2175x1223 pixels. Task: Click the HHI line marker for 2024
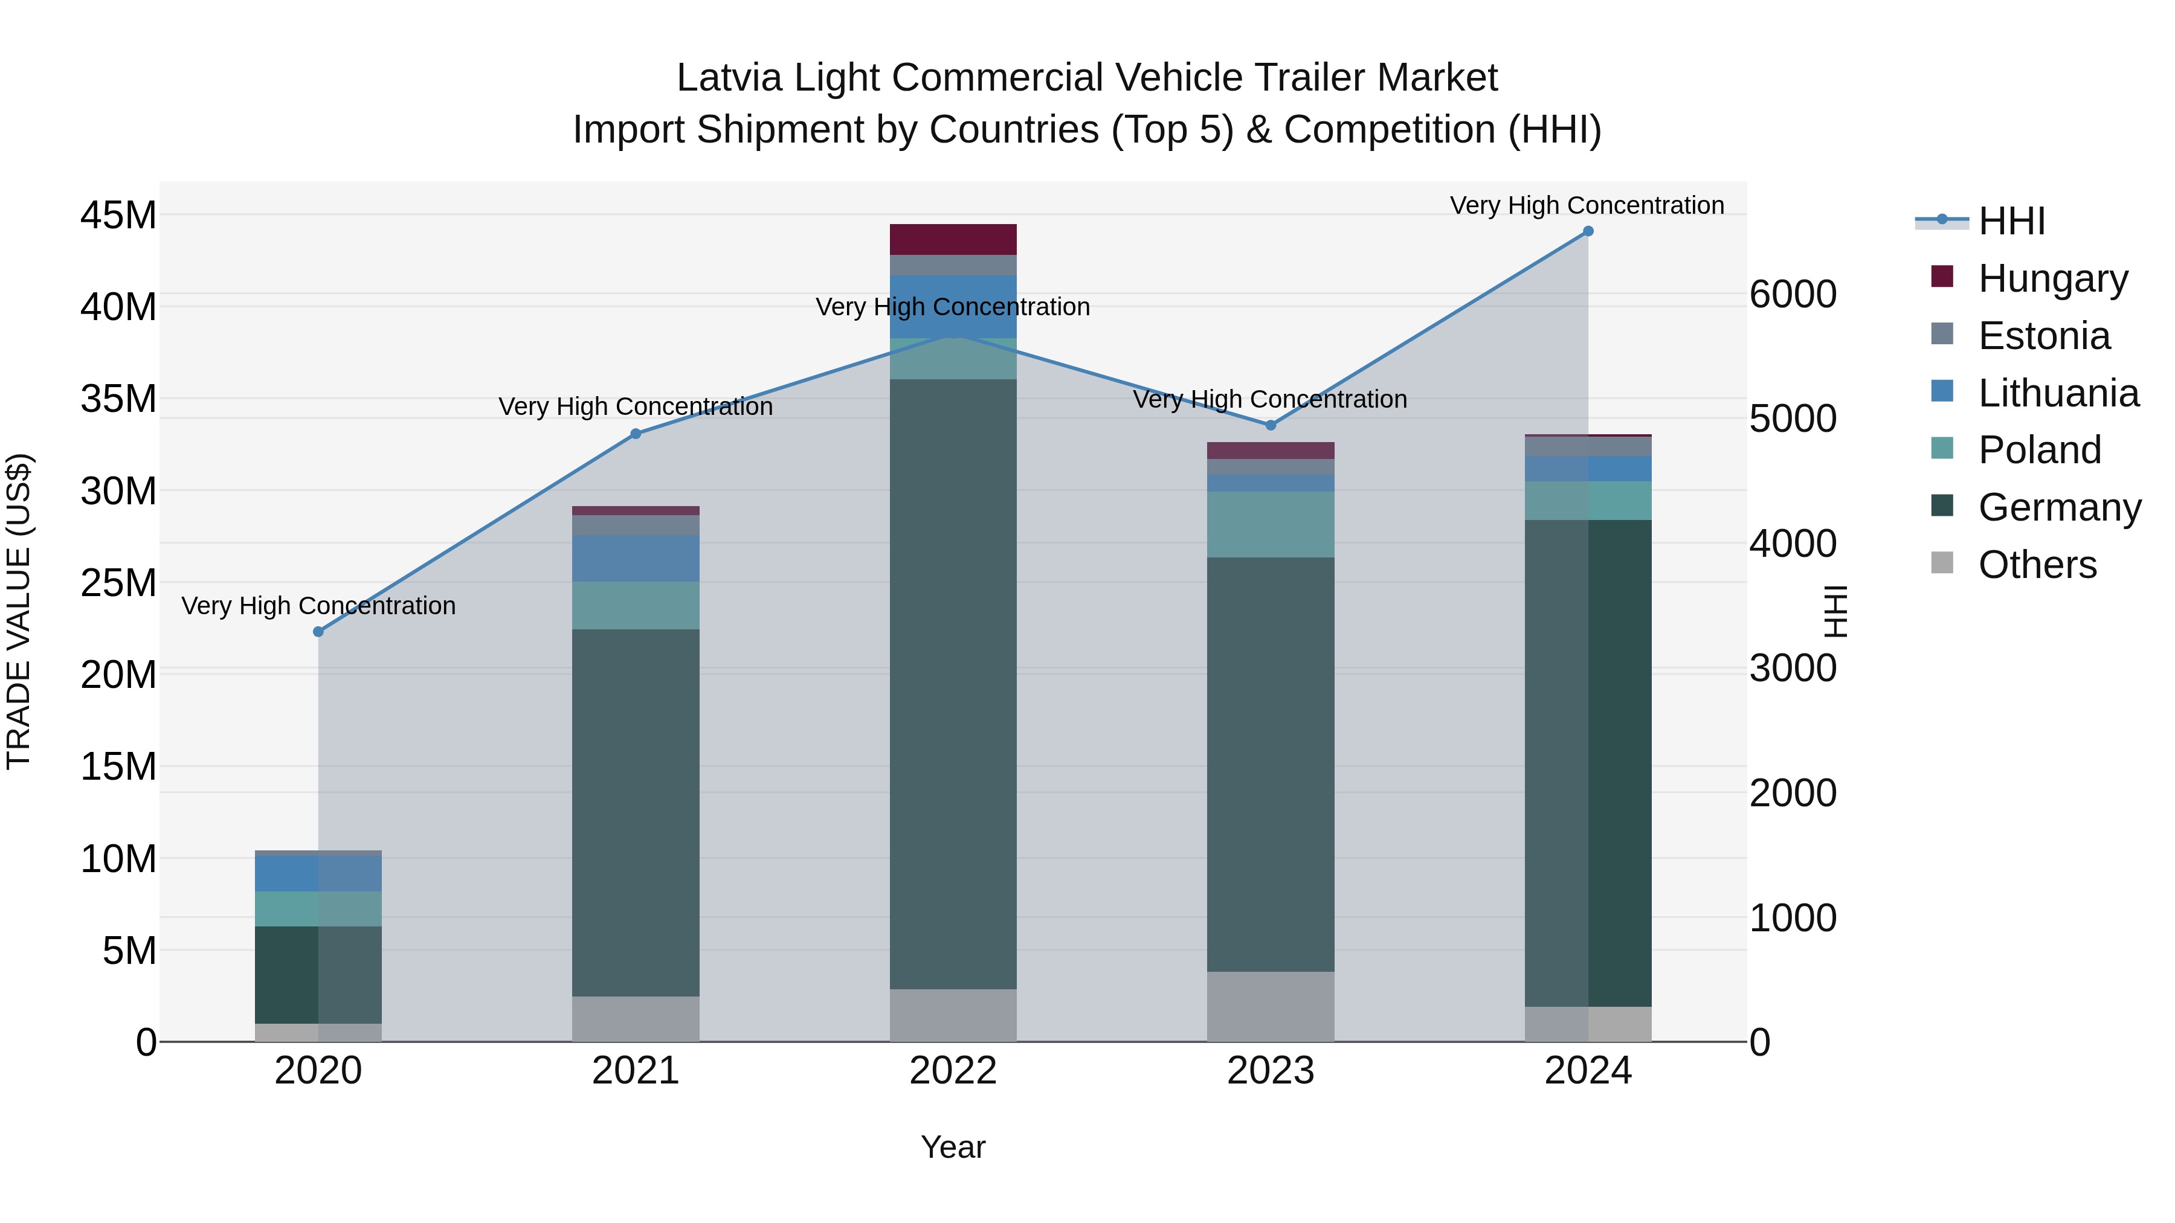[x=1587, y=231]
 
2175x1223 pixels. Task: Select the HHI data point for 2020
[x=318, y=631]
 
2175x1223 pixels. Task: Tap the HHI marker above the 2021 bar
[x=636, y=434]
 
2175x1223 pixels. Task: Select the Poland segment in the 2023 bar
[x=1270, y=524]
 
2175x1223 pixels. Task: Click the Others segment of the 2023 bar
[x=1270, y=1006]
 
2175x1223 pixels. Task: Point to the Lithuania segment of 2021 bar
[x=636, y=558]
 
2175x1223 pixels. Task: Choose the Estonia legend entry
[x=2043, y=336]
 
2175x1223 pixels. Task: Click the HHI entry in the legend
[x=2011, y=221]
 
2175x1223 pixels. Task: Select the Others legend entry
[x=2037, y=565]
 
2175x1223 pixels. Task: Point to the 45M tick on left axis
[x=118, y=215]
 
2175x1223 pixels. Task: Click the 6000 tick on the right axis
[x=1793, y=295]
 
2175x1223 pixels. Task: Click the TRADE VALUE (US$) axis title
[x=19, y=611]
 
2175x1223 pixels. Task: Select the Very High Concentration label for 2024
[x=1587, y=205]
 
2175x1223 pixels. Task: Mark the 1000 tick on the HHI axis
[x=1793, y=917]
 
